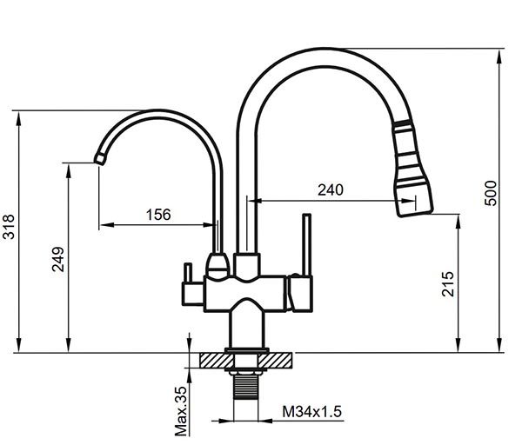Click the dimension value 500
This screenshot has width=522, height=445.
(x=491, y=193)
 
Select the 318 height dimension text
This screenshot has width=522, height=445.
(x=9, y=227)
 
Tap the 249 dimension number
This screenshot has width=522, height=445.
(x=58, y=259)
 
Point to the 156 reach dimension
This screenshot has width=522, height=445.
(x=158, y=215)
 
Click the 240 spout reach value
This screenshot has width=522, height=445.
(x=331, y=189)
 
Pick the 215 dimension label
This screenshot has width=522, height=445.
(x=448, y=283)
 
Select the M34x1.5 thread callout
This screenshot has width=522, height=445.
(x=312, y=411)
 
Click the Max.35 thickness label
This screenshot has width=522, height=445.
(x=182, y=411)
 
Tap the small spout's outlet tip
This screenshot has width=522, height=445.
(x=99, y=159)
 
